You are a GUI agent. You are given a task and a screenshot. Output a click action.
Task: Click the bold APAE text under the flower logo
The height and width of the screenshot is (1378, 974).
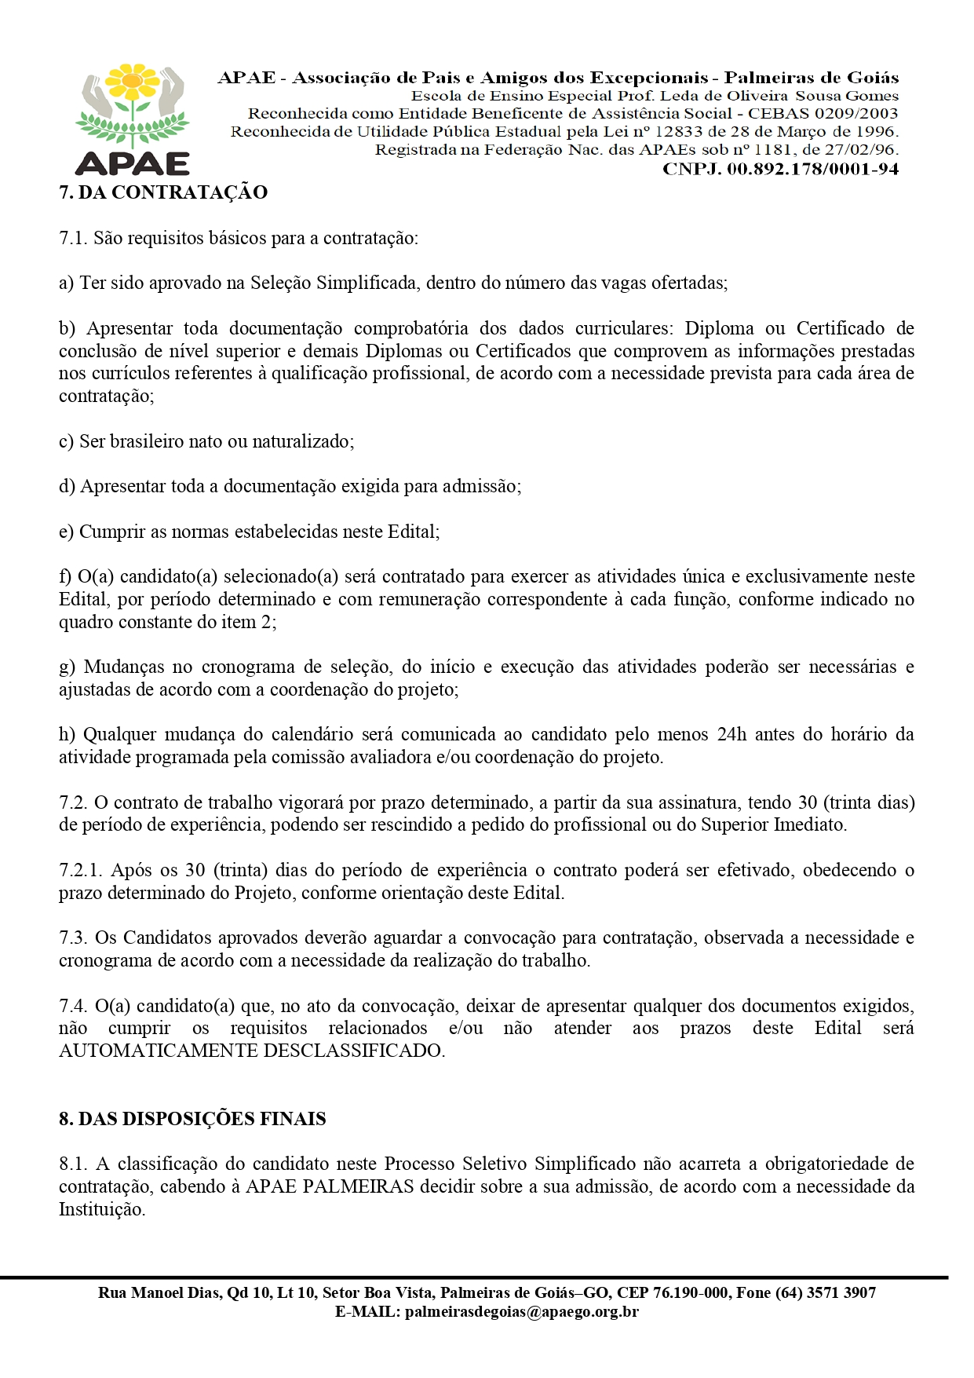click(x=133, y=163)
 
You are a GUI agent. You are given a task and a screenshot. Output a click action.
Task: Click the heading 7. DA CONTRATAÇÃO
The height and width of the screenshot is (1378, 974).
click(x=163, y=192)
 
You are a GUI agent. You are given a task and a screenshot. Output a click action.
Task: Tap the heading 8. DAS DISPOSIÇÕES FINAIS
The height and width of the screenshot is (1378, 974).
click(x=192, y=1119)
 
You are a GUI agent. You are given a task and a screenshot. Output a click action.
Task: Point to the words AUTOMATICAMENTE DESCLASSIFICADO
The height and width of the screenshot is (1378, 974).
click(x=251, y=1051)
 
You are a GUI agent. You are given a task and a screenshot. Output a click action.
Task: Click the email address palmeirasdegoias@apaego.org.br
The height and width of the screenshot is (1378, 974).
click(x=521, y=1311)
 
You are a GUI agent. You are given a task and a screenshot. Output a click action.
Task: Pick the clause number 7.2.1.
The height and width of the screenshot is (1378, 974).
click(x=80, y=870)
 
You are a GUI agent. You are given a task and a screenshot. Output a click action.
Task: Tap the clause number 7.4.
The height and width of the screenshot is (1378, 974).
click(x=73, y=1006)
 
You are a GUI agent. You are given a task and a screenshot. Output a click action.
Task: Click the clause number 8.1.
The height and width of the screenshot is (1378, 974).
click(x=73, y=1164)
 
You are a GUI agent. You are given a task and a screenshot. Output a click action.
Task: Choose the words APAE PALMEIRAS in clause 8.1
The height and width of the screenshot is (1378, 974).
click(x=330, y=1186)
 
